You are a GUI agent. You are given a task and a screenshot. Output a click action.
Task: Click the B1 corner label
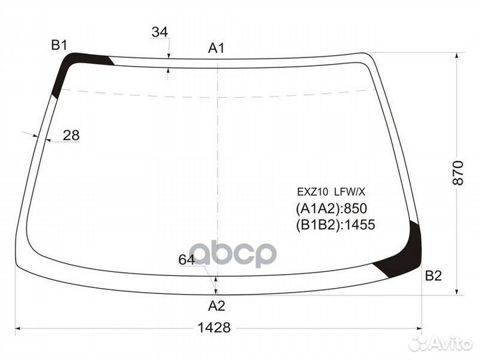click(59, 45)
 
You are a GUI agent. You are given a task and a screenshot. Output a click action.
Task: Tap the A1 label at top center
click(217, 48)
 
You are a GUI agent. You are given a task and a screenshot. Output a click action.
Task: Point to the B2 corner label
click(433, 276)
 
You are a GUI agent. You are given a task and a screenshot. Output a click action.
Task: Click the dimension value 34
click(159, 32)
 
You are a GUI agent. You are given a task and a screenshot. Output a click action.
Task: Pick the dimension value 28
click(71, 135)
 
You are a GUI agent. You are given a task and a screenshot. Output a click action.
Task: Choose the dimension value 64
click(187, 260)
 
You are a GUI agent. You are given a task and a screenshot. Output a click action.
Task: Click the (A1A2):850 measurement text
click(331, 208)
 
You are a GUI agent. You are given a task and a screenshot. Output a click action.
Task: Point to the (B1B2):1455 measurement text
click(335, 225)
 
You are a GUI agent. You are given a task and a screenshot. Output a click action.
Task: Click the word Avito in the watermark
click(450, 343)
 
